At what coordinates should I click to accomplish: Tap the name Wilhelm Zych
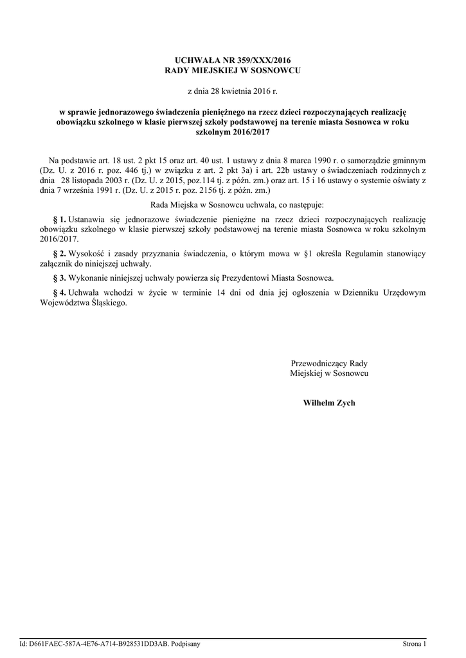pos(328,403)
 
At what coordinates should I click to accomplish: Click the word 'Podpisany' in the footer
pos(187,643)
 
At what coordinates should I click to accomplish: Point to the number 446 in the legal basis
pos(116,170)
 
